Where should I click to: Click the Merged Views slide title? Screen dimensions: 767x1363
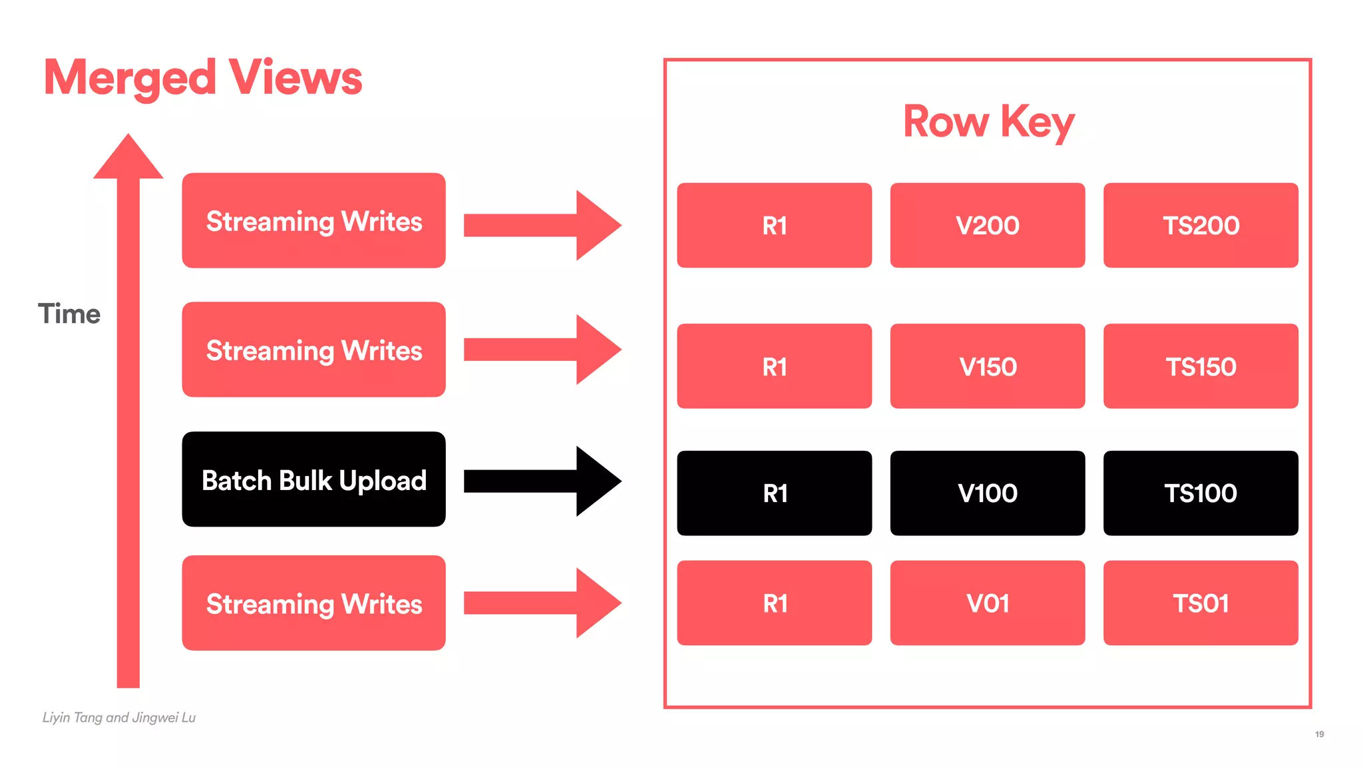(203, 78)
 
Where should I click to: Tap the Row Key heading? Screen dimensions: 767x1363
(988, 122)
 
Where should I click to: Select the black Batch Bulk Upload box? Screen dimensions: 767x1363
(313, 479)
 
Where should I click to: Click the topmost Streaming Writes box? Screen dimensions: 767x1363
(313, 220)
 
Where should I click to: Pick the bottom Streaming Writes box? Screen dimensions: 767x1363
(313, 603)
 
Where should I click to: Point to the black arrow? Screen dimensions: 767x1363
(542, 481)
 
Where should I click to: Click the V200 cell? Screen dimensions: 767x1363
(988, 226)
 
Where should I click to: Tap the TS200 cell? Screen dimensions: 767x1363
(1201, 226)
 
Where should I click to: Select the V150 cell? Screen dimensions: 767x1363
(988, 366)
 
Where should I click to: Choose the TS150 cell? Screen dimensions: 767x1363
(1201, 366)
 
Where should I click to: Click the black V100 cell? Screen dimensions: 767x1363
(988, 493)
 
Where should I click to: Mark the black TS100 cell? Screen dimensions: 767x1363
(1201, 493)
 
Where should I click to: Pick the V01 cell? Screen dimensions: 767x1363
(988, 603)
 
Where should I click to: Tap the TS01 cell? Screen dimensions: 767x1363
(1201, 603)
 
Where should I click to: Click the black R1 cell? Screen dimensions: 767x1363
(775, 493)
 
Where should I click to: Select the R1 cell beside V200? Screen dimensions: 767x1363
(775, 226)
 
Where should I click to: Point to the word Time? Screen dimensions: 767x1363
(69, 314)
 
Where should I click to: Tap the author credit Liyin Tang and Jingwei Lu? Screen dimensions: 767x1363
(119, 718)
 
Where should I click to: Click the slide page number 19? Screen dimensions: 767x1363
(1319, 734)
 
